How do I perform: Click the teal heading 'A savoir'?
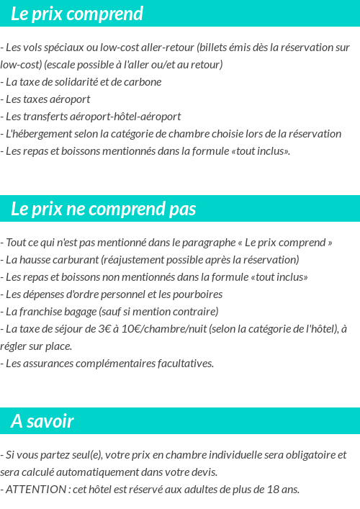point(42,421)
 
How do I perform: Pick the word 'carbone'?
point(143,82)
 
